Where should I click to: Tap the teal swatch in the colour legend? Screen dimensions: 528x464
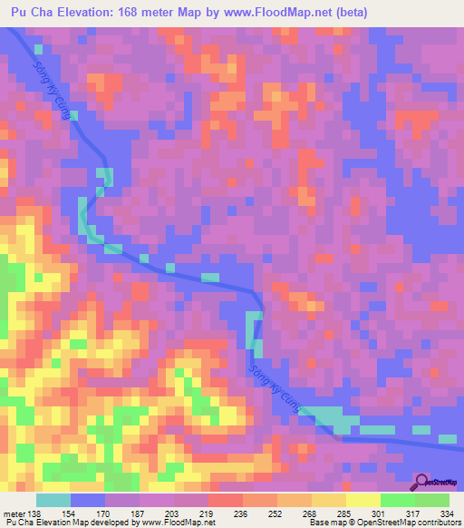point(53,500)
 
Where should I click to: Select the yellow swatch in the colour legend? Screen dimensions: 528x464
point(362,500)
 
